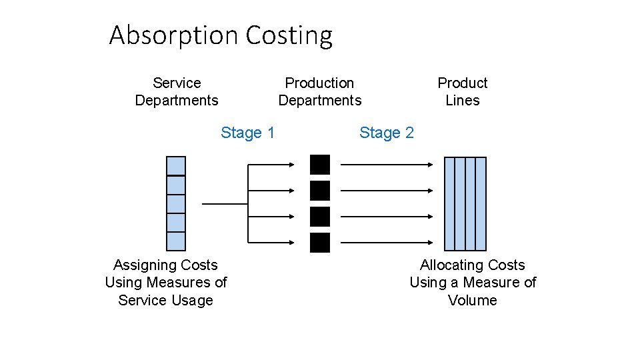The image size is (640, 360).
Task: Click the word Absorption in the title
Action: [174, 35]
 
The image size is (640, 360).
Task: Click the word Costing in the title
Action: [289, 35]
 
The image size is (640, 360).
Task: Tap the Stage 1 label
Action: [247, 133]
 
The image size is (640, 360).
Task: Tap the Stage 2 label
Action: [386, 133]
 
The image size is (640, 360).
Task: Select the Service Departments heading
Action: [177, 91]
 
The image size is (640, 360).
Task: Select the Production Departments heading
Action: [319, 91]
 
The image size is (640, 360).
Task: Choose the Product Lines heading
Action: [462, 91]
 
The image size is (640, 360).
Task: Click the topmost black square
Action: [320, 165]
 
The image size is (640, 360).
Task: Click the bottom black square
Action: [320, 243]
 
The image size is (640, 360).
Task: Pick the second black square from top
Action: [320, 191]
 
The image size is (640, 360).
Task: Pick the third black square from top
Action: [320, 217]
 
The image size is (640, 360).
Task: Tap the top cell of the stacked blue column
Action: [176, 166]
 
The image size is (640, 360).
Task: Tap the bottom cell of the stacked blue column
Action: [176, 241]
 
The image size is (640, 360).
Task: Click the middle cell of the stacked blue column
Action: [176, 203]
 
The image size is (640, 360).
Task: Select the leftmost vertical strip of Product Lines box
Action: [449, 203]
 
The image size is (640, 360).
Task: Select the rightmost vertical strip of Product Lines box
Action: [481, 203]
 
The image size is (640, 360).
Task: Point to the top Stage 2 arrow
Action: [387, 164]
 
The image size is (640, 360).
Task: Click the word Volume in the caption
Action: [473, 300]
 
